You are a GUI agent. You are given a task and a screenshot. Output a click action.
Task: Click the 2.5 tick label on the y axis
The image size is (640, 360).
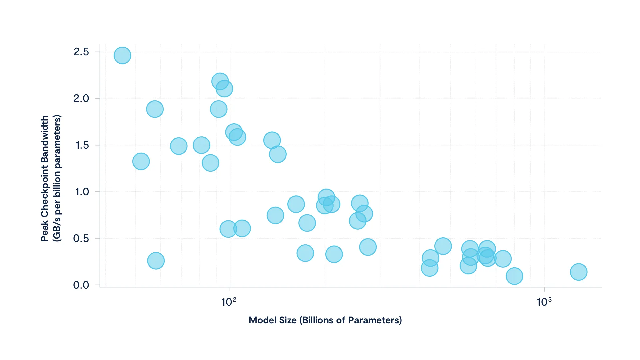pos(81,52)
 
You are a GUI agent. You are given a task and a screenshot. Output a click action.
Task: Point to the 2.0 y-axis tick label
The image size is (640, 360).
pos(81,99)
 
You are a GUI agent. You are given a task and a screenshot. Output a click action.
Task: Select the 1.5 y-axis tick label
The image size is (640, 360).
pos(82,145)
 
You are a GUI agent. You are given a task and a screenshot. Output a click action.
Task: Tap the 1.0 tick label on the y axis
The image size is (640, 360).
pos(82,192)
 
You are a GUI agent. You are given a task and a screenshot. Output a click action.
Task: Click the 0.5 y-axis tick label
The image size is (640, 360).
pos(81,239)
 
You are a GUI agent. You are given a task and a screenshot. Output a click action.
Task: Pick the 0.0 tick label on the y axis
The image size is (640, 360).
pos(81,285)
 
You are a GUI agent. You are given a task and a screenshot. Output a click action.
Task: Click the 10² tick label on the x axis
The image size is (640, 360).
pos(229,302)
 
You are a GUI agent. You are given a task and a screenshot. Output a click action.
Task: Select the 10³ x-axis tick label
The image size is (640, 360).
pos(544,302)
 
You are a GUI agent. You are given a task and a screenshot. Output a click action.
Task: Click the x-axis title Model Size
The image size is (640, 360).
pos(325,320)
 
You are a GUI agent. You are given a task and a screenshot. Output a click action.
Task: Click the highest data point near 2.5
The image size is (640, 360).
pos(122,55)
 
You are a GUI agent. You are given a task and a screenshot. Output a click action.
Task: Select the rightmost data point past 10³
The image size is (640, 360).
pos(579,272)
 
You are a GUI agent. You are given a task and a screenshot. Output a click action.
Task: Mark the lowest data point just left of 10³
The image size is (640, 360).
pos(514,276)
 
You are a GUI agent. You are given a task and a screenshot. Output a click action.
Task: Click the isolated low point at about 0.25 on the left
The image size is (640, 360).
pos(156,261)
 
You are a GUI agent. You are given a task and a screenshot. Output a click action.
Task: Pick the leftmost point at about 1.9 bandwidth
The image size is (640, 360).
pos(155,109)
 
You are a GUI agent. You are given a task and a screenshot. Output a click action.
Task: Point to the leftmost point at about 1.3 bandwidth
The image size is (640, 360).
pos(141,161)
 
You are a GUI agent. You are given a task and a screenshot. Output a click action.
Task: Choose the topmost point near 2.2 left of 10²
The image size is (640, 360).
pos(220,81)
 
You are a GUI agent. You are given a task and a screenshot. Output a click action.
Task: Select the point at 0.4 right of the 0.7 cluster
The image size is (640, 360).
pos(368,247)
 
